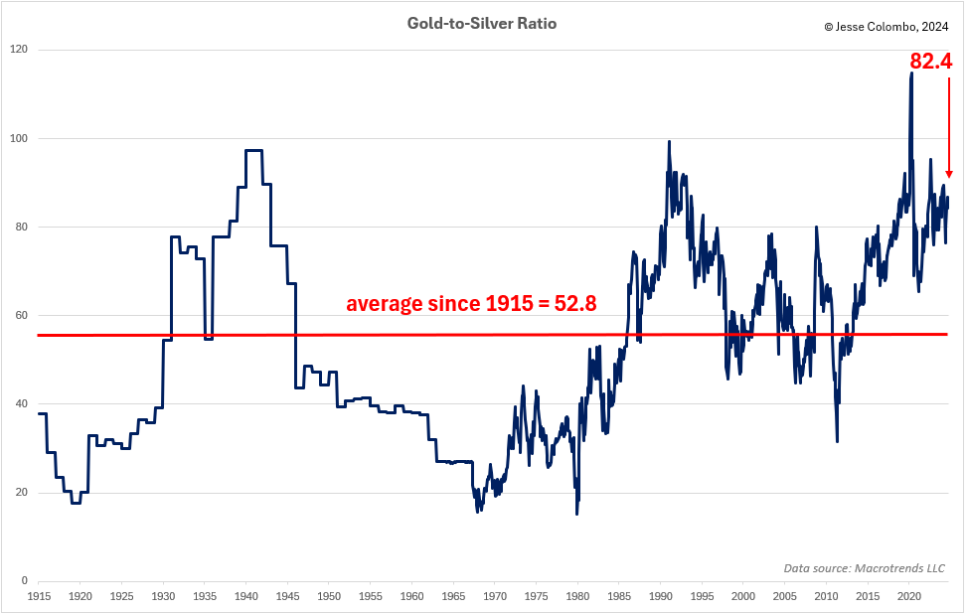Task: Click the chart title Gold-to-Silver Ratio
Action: [x=481, y=23]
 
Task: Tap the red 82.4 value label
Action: [x=930, y=62]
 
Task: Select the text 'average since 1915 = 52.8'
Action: [x=471, y=304]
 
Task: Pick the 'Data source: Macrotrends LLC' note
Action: [x=864, y=568]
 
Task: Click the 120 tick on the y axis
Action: [x=18, y=50]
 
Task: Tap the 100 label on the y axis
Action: [x=18, y=138]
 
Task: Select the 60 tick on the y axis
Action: [x=21, y=315]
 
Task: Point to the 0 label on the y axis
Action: [x=24, y=581]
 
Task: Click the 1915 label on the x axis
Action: [x=39, y=596]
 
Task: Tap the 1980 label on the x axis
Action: [x=578, y=596]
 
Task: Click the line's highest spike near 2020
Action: [x=911, y=73]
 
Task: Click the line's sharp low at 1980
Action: [x=576, y=513]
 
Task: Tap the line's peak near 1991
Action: [x=669, y=141]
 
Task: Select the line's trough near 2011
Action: [x=838, y=441]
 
